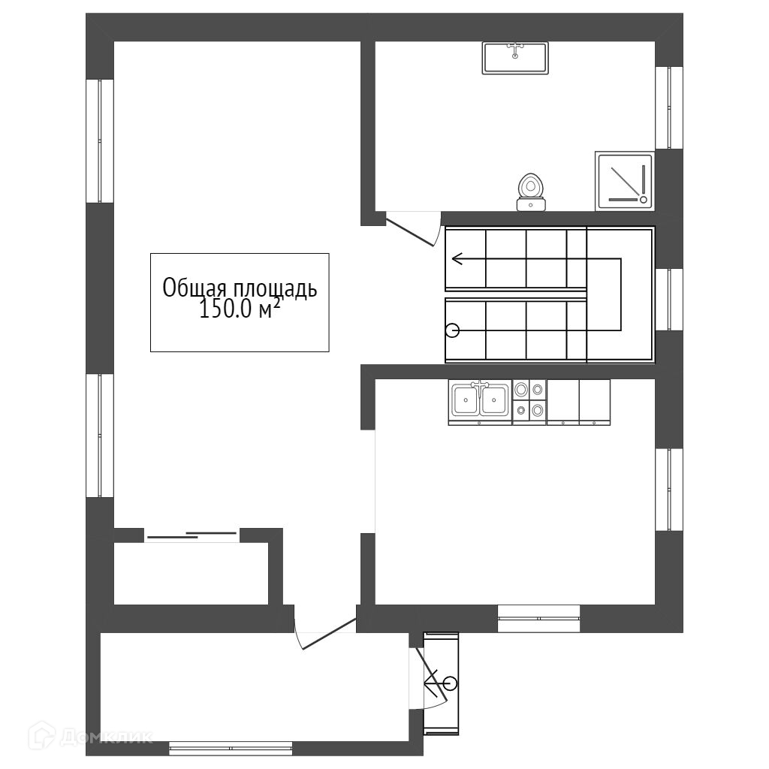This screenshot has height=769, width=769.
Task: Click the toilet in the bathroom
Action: tap(530, 192)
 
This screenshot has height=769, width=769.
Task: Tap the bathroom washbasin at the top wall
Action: tap(515, 58)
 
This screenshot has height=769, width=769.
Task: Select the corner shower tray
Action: tap(625, 181)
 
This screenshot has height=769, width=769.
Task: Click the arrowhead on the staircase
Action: tap(457, 258)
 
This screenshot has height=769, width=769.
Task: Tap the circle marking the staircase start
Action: tap(452, 331)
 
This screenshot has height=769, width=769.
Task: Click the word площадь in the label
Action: tap(275, 289)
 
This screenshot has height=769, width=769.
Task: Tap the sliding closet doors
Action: tap(191, 535)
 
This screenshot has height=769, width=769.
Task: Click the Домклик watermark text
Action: tap(107, 736)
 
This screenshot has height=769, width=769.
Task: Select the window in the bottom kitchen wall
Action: tap(539, 619)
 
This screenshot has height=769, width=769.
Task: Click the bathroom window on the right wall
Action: tap(669, 107)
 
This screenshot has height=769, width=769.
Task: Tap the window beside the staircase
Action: tap(669, 299)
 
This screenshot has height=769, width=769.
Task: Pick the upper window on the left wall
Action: tap(100, 140)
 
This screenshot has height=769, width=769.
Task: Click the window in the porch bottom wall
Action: tap(231, 749)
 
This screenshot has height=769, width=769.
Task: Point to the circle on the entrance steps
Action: tap(451, 683)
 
